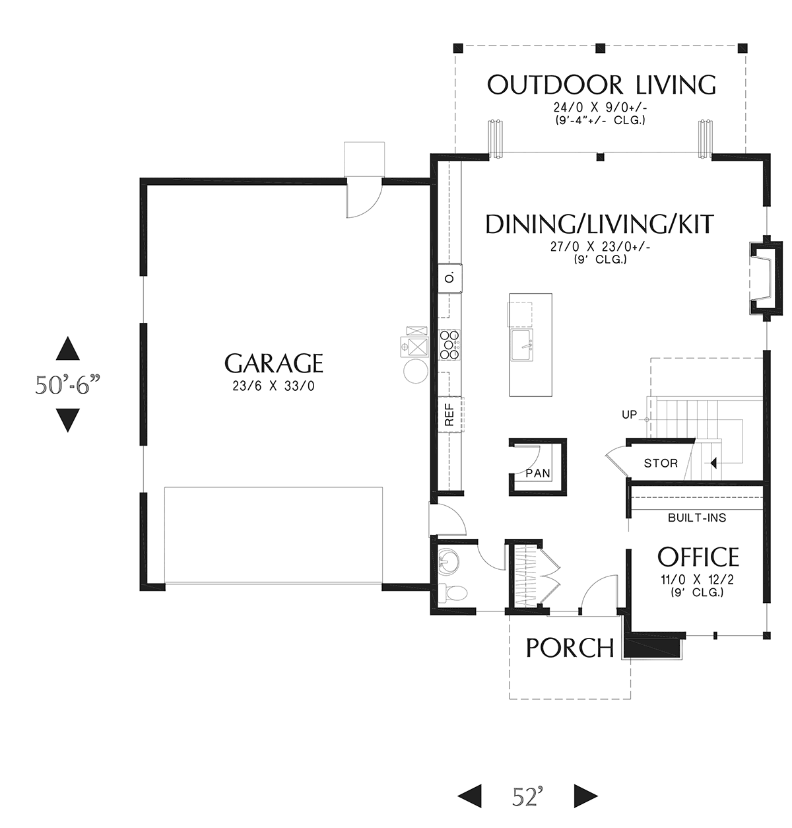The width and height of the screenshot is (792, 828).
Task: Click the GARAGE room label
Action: (273, 363)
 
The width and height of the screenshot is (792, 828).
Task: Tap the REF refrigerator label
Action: (449, 415)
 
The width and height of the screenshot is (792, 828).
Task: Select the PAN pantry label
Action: (538, 473)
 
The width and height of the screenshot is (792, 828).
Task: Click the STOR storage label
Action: (661, 463)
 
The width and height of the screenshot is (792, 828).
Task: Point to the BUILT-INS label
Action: (697, 518)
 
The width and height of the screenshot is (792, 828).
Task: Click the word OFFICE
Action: (698, 557)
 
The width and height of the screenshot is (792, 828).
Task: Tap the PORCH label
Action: (570, 648)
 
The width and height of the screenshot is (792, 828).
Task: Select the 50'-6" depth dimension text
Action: (67, 385)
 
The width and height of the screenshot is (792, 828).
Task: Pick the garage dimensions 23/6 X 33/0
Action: (273, 386)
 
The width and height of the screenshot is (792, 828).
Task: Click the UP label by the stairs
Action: (630, 414)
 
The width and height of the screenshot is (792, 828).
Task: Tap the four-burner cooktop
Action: (449, 345)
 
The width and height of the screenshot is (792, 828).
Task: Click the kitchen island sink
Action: (520, 345)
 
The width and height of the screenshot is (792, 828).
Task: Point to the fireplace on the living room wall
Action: (766, 279)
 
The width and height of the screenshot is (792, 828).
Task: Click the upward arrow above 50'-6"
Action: (67, 349)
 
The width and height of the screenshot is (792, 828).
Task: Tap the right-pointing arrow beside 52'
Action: (585, 796)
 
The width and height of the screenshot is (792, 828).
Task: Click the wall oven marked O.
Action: (450, 278)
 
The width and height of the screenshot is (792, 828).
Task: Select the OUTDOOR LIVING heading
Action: (601, 85)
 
